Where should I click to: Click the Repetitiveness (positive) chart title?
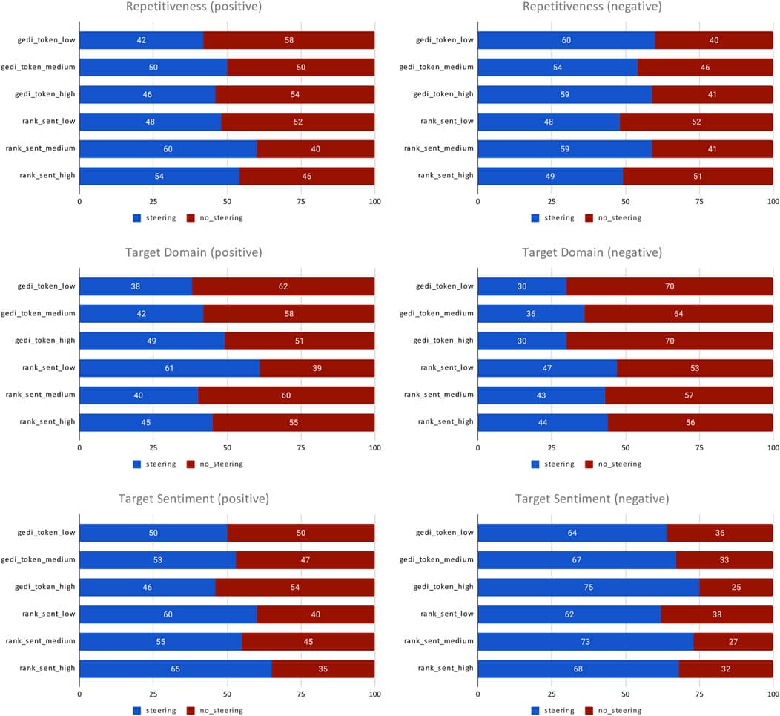click(194, 7)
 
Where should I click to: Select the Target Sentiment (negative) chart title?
click(595, 499)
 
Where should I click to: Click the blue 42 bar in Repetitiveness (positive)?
click(141, 40)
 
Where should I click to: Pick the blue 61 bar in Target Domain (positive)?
click(169, 368)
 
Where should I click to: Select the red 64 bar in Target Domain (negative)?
click(678, 313)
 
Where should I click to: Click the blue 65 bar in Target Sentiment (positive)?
click(175, 669)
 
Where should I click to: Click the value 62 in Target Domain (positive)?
click(283, 286)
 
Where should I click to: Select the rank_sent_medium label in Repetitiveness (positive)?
click(41, 148)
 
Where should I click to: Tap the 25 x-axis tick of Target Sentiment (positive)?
click(153, 694)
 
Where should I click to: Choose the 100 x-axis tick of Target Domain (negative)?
click(772, 448)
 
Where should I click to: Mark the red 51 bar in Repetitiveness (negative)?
click(698, 176)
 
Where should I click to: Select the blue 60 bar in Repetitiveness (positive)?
click(168, 148)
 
